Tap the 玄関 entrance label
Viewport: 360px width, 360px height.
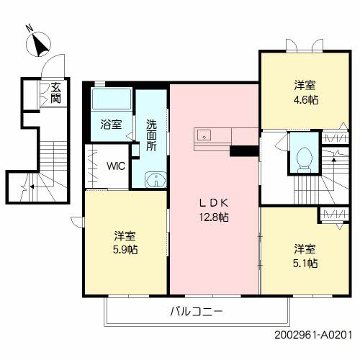coord(55,94)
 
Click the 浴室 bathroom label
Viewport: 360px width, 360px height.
coord(111,123)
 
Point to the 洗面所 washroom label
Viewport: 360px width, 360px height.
coord(152,134)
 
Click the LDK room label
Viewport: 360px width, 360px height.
coord(214,203)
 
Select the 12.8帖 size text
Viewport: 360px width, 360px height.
coord(214,217)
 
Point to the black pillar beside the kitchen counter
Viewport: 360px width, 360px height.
coord(244,150)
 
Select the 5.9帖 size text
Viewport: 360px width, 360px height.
coord(125,250)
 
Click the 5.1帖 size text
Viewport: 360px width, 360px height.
coord(305,264)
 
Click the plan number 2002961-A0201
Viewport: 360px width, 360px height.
coord(315,336)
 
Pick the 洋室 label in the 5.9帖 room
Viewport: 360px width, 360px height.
coord(125,235)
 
